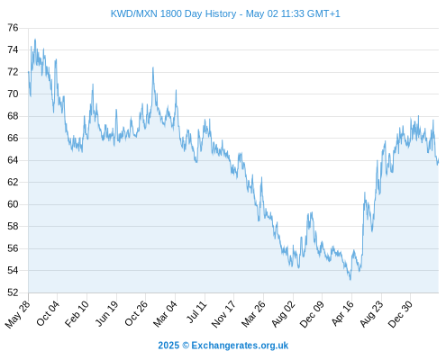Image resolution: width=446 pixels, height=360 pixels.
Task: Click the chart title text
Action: (225, 13)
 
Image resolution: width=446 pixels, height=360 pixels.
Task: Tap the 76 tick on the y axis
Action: (13, 28)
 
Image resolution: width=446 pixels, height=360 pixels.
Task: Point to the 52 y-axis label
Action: (13, 292)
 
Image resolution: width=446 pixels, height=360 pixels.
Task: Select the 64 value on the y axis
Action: (13, 160)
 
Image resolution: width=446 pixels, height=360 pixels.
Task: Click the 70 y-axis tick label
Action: (13, 94)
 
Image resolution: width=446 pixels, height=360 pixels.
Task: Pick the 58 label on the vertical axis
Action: (13, 227)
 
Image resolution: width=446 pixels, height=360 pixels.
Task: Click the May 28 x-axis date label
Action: (18, 314)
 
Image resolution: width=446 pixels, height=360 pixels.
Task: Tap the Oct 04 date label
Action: (48, 313)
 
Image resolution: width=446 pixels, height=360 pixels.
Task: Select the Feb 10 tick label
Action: (77, 313)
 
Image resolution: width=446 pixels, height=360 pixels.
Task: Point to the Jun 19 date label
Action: (106, 313)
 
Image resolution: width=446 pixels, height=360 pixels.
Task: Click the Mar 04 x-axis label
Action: (166, 313)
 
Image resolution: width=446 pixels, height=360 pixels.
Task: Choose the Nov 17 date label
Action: (223, 314)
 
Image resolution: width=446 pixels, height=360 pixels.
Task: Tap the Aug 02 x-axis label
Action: (283, 314)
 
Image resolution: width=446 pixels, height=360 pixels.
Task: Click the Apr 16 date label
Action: (342, 313)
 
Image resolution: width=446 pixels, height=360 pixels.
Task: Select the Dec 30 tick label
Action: (401, 314)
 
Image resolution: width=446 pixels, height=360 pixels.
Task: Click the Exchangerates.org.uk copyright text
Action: (223, 346)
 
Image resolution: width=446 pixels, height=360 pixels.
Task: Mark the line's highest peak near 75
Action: (35, 40)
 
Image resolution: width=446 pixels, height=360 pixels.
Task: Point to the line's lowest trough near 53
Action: (350, 280)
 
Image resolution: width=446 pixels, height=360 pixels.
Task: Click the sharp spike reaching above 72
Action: (153, 67)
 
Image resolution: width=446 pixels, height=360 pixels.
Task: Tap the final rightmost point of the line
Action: (439, 159)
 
